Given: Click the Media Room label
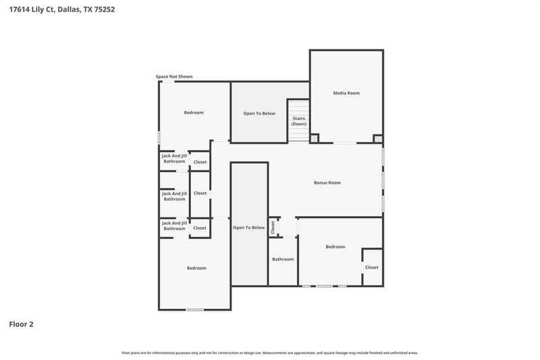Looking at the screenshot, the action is (x=346, y=93).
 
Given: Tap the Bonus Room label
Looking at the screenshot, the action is (x=327, y=182).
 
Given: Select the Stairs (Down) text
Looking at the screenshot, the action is (x=298, y=121).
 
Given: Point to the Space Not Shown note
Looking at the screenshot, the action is (x=174, y=76).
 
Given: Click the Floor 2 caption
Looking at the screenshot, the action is (x=21, y=324).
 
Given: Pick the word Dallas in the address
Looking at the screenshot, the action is (x=70, y=9).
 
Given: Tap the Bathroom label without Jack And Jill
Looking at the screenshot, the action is (x=283, y=259).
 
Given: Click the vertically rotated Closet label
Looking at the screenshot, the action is (x=273, y=228).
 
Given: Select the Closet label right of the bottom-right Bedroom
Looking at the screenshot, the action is (x=372, y=267).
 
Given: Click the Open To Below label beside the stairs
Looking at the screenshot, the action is (x=259, y=113).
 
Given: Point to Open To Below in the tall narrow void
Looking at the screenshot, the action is (x=248, y=228).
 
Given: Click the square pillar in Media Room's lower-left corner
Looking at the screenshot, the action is (x=314, y=138).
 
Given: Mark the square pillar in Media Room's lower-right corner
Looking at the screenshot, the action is (x=378, y=139).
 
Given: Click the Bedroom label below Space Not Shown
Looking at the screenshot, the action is (x=194, y=113).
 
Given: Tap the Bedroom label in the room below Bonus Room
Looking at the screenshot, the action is (x=335, y=247).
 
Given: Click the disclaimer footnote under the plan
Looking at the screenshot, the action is (x=270, y=353).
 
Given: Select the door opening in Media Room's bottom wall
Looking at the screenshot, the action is (x=345, y=143).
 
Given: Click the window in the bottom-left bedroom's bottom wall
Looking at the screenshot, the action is (x=194, y=310).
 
